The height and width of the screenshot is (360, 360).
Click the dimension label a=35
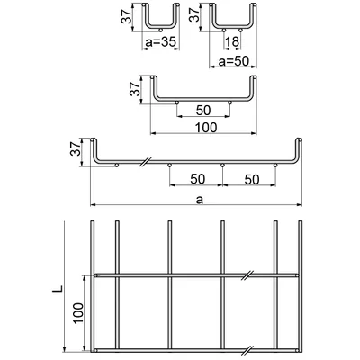point(160,42)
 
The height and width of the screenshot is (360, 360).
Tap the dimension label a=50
point(234,61)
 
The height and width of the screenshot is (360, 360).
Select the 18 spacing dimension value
point(232,42)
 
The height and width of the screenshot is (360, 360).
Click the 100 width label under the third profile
point(206,128)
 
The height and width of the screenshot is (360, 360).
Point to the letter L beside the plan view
point(59,288)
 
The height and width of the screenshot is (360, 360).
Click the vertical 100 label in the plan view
point(77,313)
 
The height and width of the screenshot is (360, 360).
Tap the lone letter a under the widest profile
point(200,200)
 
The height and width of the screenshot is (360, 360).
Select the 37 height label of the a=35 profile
point(126,15)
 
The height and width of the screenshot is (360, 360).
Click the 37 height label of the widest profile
point(76,148)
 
